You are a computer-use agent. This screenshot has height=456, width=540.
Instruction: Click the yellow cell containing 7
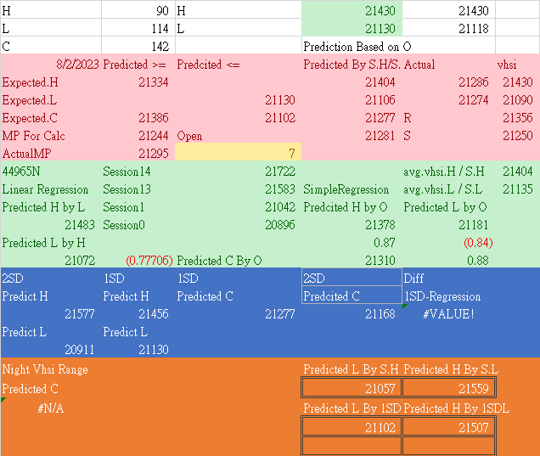(x=238, y=153)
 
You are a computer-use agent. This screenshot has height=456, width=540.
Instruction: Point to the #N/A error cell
(x=50, y=408)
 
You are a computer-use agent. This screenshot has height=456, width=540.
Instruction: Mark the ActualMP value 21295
(x=153, y=154)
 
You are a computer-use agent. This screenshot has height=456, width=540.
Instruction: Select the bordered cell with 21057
(x=352, y=388)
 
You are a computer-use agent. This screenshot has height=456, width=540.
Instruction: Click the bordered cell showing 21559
(x=447, y=388)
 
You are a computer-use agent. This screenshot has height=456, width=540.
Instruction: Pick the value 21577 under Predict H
(x=80, y=314)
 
